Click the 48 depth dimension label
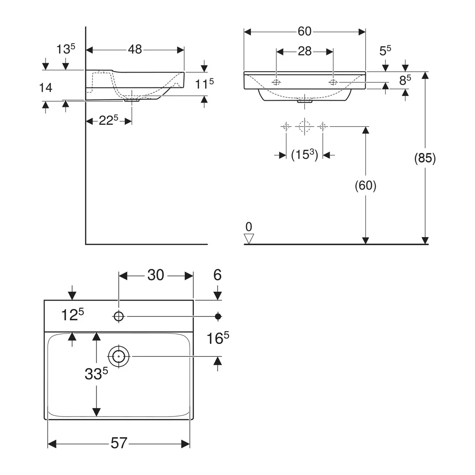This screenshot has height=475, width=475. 135,49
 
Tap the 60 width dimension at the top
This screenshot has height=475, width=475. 304,31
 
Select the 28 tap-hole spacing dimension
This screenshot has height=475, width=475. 304,51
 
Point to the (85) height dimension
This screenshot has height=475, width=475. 425,159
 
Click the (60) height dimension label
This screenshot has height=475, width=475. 366,185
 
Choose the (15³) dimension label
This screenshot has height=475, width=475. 304,155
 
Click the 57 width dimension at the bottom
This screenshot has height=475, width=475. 119,443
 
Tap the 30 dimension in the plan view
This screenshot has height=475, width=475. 156,275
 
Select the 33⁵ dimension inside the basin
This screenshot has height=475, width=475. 96,374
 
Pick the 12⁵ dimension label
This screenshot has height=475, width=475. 72,315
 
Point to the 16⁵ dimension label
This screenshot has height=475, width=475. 218,338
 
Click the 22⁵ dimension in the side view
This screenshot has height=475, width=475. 108,121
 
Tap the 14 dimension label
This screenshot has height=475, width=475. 46,88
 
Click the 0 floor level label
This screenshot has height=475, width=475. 249,227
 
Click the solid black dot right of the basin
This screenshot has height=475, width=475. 218,316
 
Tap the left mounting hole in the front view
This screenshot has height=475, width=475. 276,82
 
